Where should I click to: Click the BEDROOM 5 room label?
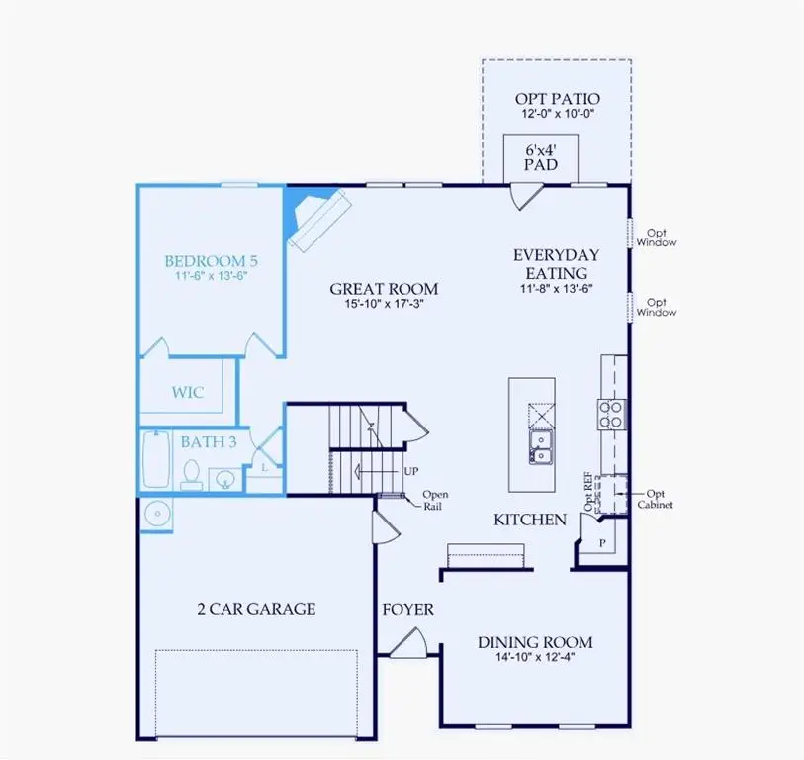pos(211,261)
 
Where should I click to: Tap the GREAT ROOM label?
pos(384,289)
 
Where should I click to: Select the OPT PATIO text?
pos(557,99)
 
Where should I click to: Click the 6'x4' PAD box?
pos(541,157)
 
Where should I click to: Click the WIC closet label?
pos(187,392)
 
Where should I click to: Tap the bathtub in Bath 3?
pos(156,459)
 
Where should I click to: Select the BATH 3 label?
pos(208,442)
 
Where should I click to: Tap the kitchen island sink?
pos(540,446)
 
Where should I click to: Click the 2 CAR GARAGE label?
pos(256,608)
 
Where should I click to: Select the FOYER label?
pos(408,610)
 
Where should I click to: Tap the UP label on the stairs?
pos(409,471)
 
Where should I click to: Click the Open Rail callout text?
pos(435,500)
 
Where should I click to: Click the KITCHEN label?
pos(530,520)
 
